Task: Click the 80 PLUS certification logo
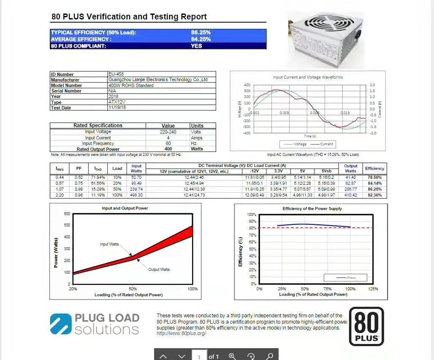366,326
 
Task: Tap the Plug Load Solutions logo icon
60,324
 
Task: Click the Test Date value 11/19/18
117,108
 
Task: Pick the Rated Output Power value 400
168,149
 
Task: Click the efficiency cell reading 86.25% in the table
374,189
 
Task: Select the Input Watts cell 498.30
136,195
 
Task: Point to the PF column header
79,168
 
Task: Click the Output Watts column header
350,168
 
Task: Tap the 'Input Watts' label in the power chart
109,244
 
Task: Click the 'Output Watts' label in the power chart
159,269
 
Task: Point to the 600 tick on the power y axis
67,214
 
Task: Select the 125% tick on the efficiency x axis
373,289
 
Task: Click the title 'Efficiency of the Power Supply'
312,209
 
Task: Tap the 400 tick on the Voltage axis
247,85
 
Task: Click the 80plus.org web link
181,333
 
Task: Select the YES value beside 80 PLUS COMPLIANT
196,46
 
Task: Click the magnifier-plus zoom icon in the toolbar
232,356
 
